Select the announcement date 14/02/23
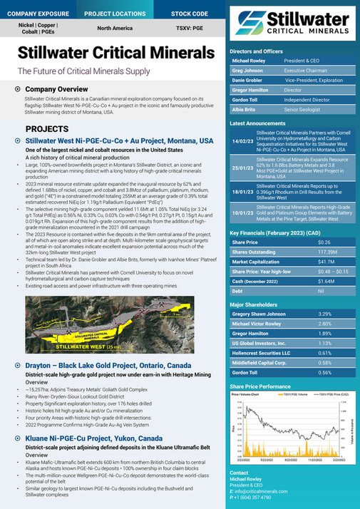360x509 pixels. coord(239,142)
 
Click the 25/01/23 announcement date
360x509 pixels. coord(239,168)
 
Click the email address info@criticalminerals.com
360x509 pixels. coord(267,492)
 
